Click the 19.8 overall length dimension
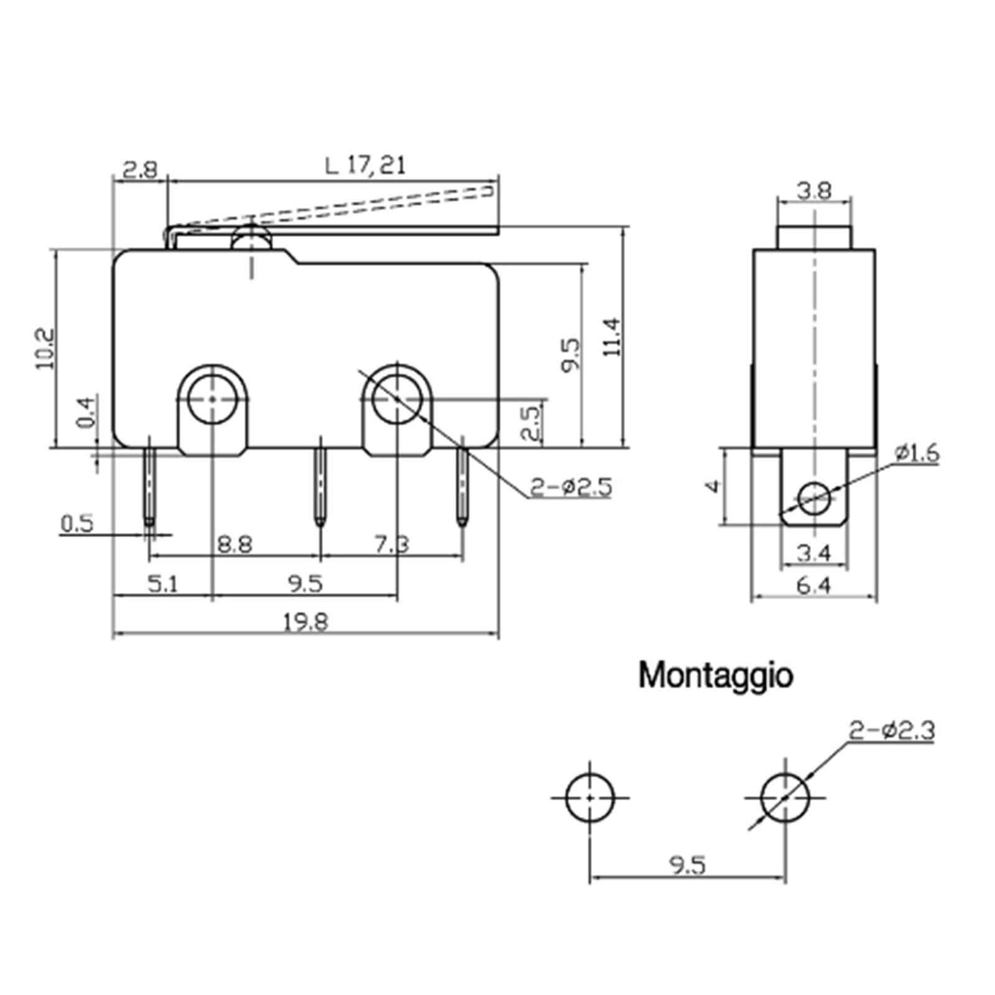[305, 622]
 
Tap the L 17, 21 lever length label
[366, 165]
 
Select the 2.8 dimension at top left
[140, 169]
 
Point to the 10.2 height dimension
[45, 349]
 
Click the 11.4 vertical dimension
[612, 336]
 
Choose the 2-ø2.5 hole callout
[571, 487]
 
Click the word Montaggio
[716, 675]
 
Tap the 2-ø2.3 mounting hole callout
[892, 730]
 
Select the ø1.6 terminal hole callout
[917, 453]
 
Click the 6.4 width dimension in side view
[813, 586]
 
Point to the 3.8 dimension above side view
[814, 190]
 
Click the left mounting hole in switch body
[213, 399]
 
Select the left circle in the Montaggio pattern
[590, 797]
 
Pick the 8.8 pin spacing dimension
[235, 545]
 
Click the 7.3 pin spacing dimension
[392, 545]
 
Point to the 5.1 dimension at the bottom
[163, 584]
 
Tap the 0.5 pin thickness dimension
[76, 524]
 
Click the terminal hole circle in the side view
[814, 497]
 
